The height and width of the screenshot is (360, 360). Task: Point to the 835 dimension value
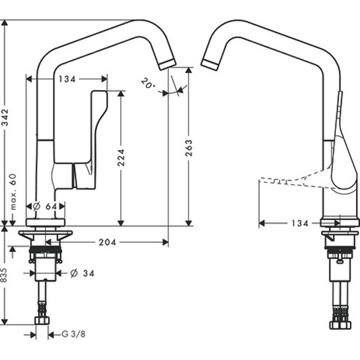[5, 275]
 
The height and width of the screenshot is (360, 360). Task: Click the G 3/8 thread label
[74, 334]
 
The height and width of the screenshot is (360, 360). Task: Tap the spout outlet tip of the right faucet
[210, 64]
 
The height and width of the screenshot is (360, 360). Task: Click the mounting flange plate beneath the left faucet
[45, 233]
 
